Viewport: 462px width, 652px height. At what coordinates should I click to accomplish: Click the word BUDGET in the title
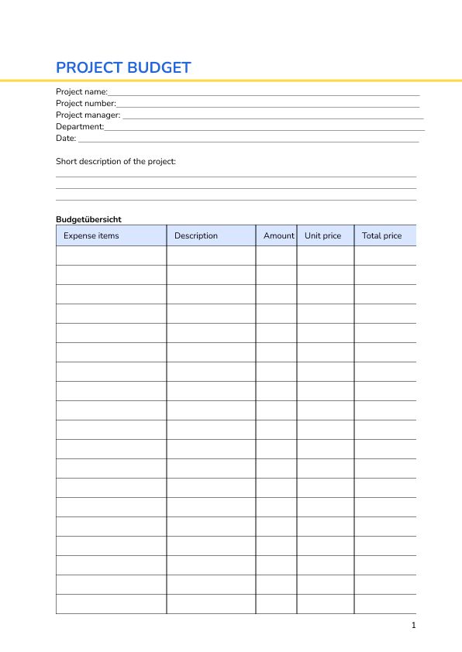pyautogui.click(x=159, y=67)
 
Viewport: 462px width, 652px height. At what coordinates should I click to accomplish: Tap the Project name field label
pyautogui.click(x=81, y=91)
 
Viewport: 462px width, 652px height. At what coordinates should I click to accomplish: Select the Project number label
pyautogui.click(x=85, y=103)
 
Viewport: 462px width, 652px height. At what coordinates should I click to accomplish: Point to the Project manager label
pyautogui.click(x=88, y=115)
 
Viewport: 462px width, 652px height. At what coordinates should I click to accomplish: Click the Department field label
pyautogui.click(x=79, y=126)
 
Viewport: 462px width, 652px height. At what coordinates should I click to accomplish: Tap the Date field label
pyautogui.click(x=65, y=138)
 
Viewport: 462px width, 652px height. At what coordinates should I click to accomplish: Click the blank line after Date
pyautogui.click(x=248, y=141)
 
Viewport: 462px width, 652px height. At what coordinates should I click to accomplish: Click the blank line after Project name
pyautogui.click(x=264, y=94)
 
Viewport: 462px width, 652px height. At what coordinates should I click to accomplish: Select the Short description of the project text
pyautogui.click(x=115, y=162)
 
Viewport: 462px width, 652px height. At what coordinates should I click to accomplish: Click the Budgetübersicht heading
pyautogui.click(x=88, y=219)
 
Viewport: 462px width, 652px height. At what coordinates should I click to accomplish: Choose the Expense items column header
pyautogui.click(x=91, y=235)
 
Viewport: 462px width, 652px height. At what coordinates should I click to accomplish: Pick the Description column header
pyautogui.click(x=196, y=235)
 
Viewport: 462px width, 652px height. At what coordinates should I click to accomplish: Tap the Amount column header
pyautogui.click(x=278, y=235)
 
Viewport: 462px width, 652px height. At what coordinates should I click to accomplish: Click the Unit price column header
pyautogui.click(x=322, y=235)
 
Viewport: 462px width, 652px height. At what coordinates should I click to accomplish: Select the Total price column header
pyautogui.click(x=381, y=235)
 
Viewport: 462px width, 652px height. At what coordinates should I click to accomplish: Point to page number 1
pyautogui.click(x=414, y=625)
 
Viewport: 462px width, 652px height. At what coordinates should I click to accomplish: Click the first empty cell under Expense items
pyautogui.click(x=111, y=256)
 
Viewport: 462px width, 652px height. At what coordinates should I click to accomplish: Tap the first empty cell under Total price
pyautogui.click(x=384, y=256)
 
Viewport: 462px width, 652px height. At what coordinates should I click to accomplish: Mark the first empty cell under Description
pyautogui.click(x=211, y=256)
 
